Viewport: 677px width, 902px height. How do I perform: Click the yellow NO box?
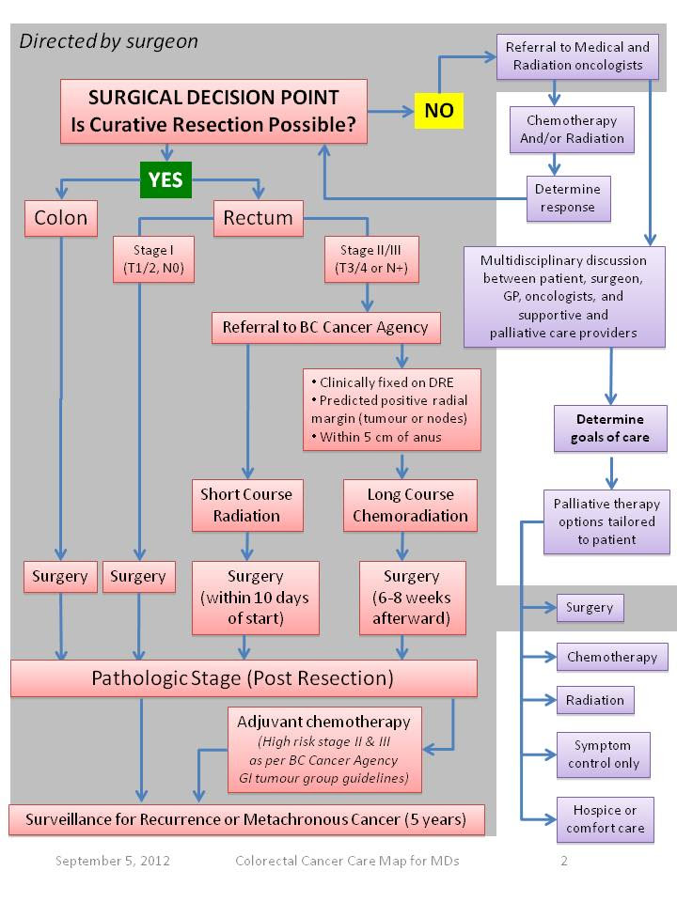click(x=439, y=111)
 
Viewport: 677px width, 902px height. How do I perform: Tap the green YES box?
click(x=165, y=179)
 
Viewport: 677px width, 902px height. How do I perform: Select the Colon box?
click(x=61, y=218)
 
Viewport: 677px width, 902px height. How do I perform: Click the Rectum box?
click(x=259, y=218)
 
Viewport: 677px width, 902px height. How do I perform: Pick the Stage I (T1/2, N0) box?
click(x=153, y=259)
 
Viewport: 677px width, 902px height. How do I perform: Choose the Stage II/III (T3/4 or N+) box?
click(x=371, y=259)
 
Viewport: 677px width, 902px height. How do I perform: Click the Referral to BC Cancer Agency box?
click(x=326, y=328)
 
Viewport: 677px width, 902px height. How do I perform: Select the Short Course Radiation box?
click(x=247, y=505)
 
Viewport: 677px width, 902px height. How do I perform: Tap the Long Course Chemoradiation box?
click(x=411, y=505)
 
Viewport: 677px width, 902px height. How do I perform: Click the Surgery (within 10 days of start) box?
click(x=256, y=598)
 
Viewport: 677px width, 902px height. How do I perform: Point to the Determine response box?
click(x=568, y=198)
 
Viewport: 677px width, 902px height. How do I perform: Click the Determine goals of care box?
click(x=610, y=428)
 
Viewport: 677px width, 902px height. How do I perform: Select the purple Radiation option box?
click(x=595, y=700)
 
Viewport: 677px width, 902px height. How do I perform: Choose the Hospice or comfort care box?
click(x=605, y=819)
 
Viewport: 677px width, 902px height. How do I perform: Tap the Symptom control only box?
click(x=604, y=754)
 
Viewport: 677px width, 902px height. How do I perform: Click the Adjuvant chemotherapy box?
click(x=324, y=750)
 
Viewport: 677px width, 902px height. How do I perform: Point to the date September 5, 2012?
click(x=113, y=861)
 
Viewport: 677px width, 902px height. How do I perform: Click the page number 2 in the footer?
click(x=564, y=861)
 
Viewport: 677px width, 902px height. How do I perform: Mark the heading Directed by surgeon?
click(x=109, y=41)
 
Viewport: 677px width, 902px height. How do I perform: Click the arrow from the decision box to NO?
click(x=391, y=111)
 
